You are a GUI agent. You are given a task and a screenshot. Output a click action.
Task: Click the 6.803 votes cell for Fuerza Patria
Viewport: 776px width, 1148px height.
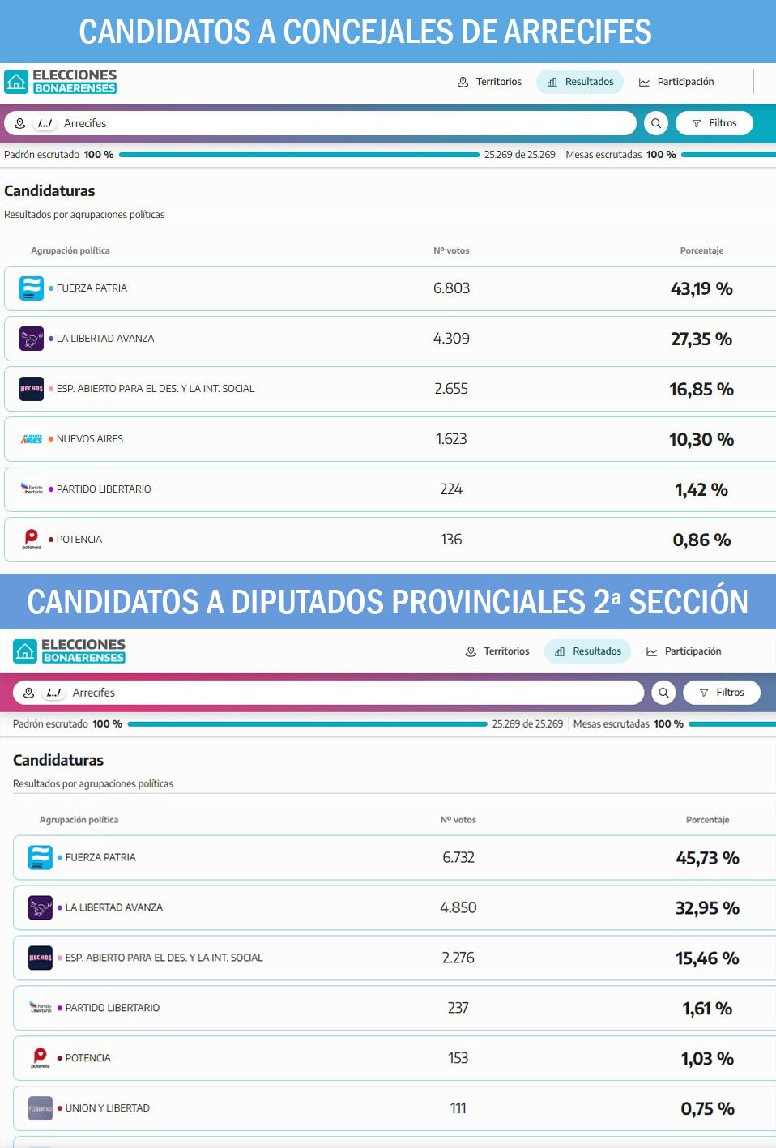pos(451,288)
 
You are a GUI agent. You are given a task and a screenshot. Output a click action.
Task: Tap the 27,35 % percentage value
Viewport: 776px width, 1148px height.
pos(701,339)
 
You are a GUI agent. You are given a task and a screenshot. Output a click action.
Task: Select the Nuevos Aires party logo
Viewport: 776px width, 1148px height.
pos(32,439)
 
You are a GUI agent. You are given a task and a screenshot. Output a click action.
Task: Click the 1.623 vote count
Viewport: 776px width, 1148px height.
pos(451,439)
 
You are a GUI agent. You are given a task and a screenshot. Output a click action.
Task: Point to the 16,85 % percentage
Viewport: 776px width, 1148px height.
pos(701,389)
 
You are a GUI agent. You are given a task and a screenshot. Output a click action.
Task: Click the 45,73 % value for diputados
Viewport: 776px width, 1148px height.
pos(707,858)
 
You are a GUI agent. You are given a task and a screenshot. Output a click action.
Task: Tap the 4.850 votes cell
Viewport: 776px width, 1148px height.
pos(458,908)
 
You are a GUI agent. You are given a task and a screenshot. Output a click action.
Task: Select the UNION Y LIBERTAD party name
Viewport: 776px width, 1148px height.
pos(108,1108)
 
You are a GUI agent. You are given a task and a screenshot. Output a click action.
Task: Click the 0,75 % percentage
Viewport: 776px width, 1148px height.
pos(707,1109)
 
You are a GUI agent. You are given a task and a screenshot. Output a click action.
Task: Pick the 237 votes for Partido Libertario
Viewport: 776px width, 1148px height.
pos(458,1008)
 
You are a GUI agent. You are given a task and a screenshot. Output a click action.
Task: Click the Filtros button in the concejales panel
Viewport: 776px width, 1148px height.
pos(714,123)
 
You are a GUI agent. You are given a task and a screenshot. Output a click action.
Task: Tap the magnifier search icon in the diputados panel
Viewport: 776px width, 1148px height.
pos(663,693)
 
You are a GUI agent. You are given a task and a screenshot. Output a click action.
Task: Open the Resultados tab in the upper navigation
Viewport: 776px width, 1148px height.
pos(580,82)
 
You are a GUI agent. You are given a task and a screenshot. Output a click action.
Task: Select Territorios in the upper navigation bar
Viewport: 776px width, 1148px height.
pos(489,82)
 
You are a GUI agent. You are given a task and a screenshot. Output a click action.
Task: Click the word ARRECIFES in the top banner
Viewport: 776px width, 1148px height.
pos(578,32)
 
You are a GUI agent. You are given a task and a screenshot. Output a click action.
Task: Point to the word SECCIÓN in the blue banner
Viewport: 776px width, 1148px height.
pos(689,602)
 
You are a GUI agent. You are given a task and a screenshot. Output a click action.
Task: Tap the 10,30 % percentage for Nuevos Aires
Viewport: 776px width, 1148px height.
pos(701,439)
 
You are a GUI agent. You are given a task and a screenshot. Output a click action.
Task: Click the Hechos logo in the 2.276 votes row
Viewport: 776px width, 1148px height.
pos(41,958)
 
